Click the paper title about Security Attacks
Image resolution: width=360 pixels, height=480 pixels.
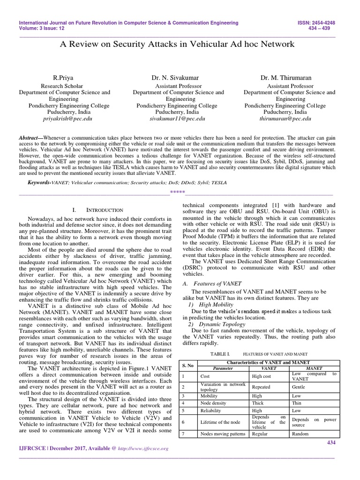pos(178,44)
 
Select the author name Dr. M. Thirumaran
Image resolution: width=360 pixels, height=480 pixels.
pos(289,77)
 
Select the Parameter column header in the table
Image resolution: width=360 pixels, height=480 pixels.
pos(216,368)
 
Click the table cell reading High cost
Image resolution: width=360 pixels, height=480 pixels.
pos(261,376)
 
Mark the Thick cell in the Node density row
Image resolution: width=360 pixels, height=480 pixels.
pos(258,403)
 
